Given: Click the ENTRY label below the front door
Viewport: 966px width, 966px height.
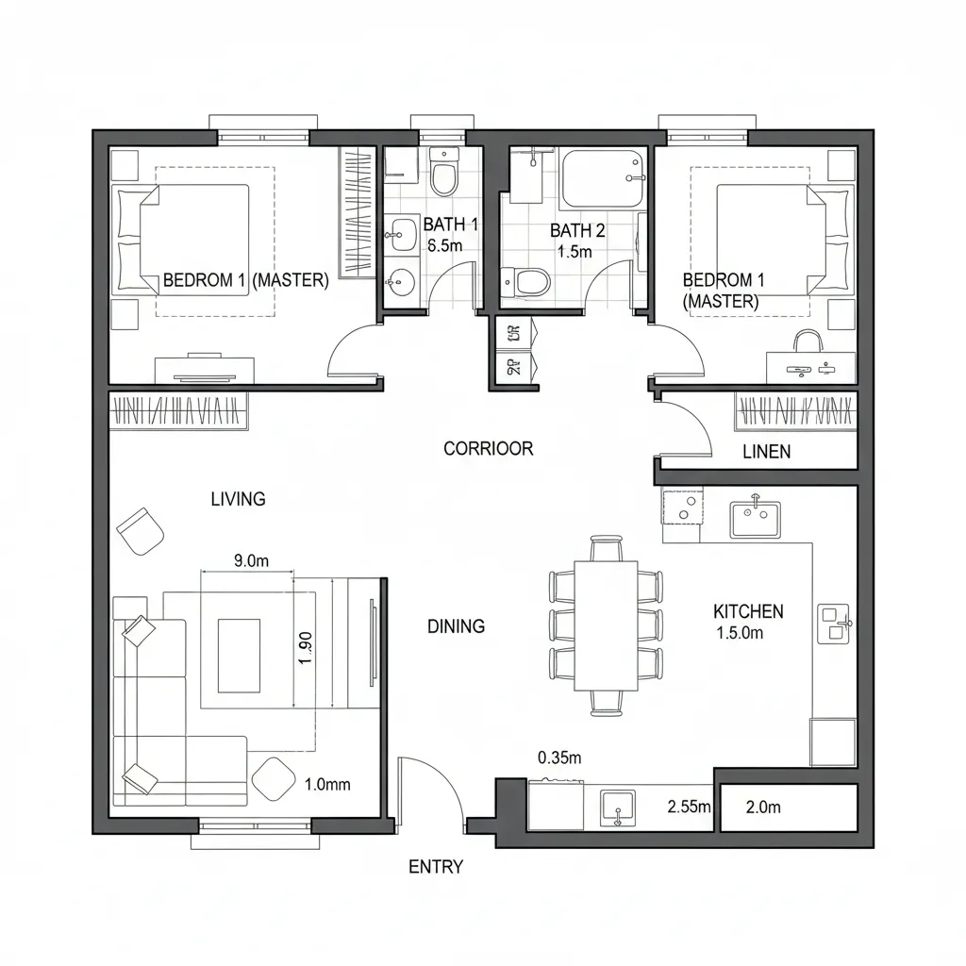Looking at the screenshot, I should coord(435,866).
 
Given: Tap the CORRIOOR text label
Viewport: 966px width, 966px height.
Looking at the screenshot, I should coord(488,449).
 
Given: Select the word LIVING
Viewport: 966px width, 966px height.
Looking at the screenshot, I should coord(238,499).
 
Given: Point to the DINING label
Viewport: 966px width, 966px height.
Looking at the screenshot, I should coord(456,625).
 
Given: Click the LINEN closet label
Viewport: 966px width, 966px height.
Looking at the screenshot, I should coord(766,452).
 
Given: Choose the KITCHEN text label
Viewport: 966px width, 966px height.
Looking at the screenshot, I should coord(748,611).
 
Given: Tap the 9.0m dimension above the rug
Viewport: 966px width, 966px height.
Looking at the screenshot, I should coord(251,560).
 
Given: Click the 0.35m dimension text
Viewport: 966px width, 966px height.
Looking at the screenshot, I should coord(559,757).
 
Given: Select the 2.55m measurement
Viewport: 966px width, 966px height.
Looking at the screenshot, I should coord(689,807).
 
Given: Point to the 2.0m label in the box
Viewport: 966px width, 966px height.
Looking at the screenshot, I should coord(763,807).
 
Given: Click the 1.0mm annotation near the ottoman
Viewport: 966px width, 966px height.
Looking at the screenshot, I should coord(327,783).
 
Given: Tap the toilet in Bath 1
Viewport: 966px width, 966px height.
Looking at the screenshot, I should coord(443,174).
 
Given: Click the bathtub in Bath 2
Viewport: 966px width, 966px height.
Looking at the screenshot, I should coord(603,179).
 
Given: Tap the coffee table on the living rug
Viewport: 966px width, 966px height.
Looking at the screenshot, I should coord(239,655).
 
